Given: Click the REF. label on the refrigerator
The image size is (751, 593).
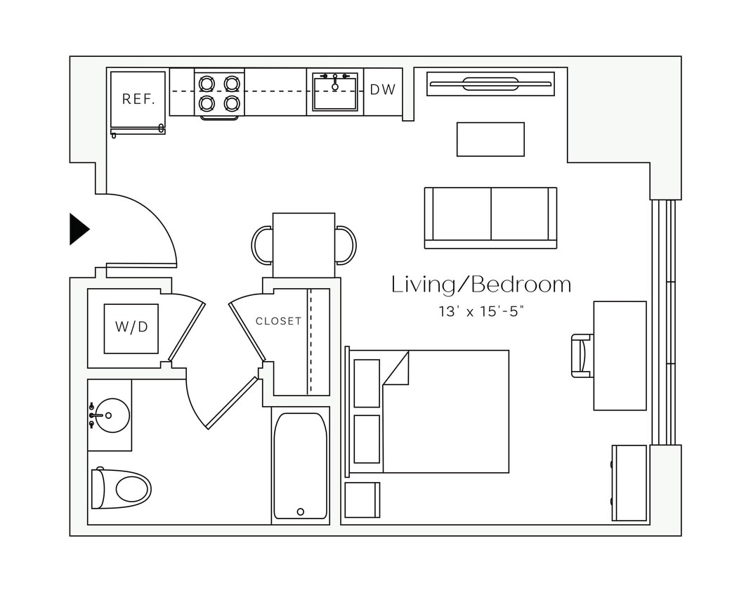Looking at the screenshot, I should [x=138, y=99].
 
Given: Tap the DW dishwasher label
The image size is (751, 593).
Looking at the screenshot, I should [x=383, y=90].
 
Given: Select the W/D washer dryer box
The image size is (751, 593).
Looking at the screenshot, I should [x=131, y=327].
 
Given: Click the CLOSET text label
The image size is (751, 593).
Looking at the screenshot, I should [x=278, y=321].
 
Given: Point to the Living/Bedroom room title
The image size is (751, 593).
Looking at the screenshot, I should [x=481, y=285].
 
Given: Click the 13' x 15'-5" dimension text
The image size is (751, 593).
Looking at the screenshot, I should [x=481, y=311].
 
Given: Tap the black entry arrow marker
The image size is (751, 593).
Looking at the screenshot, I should [x=78, y=228].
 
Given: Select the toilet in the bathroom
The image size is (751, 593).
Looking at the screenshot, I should [x=122, y=488].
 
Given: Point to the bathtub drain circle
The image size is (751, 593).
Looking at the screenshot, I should [x=301, y=511].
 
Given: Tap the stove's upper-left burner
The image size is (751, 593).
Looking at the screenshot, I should [x=207, y=84].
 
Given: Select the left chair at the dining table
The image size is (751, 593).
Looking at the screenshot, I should [x=261, y=245].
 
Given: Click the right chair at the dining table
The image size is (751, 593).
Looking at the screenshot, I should [x=346, y=245].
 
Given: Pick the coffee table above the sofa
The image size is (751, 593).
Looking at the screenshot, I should [x=490, y=139].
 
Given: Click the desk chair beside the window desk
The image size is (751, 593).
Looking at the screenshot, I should [x=582, y=356].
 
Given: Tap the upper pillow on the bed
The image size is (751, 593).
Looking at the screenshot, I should [x=366, y=383].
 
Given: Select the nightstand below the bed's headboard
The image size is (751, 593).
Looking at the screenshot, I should [x=362, y=500].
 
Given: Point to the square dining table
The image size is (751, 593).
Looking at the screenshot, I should [x=303, y=245].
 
